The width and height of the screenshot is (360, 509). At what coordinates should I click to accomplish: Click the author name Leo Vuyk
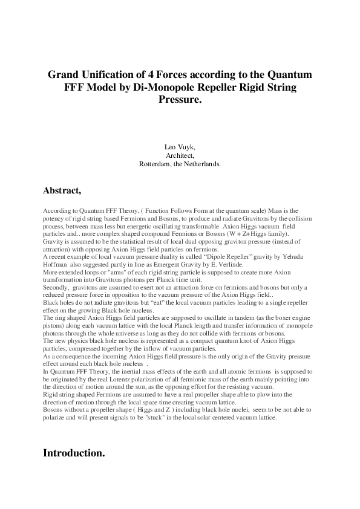click(x=180, y=147)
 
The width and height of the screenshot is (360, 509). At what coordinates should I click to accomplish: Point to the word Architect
click(x=180, y=155)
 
